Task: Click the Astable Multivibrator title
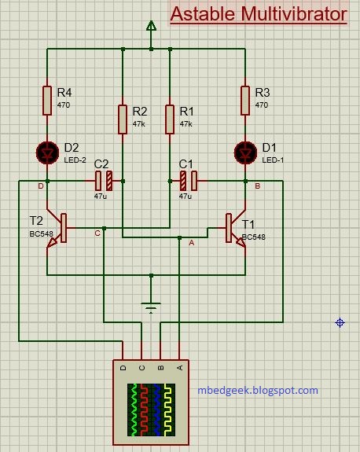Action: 259,15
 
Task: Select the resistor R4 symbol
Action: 47,100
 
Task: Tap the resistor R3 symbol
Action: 244,100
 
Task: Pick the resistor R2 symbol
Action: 123,119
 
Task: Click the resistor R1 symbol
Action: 170,119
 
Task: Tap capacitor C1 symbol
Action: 186,181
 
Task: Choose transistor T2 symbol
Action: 56,228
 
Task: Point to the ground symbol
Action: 150,305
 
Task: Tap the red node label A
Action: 191,243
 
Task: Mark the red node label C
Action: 97,233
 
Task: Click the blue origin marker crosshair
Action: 340,322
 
